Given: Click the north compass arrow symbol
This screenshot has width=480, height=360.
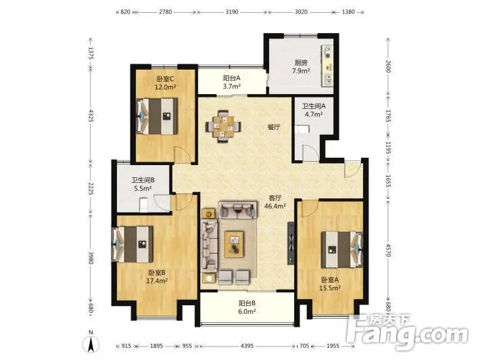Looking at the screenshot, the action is pyautogui.click(x=91, y=344).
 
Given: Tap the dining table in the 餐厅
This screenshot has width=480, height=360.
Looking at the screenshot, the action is pyautogui.click(x=224, y=126).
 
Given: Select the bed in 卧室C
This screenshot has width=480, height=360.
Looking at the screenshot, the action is pyautogui.click(x=157, y=116).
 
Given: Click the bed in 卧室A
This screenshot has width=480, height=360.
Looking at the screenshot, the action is pyautogui.click(x=342, y=250).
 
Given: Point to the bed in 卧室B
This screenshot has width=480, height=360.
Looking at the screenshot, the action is pyautogui.click(x=133, y=244).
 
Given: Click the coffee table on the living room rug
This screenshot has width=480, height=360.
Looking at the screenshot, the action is pyautogui.click(x=234, y=244).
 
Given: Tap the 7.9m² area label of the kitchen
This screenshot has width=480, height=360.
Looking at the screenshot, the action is pyautogui.click(x=301, y=71).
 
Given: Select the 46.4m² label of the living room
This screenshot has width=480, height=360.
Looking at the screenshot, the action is pyautogui.click(x=275, y=206).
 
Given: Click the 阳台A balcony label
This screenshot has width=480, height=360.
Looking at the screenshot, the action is pyautogui.click(x=231, y=78).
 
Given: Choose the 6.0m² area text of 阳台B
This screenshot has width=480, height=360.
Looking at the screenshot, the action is pyautogui.click(x=247, y=311).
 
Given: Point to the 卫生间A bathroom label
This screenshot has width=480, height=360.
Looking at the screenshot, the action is pyautogui.click(x=314, y=106).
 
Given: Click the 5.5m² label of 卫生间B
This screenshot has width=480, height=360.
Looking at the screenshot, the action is pyautogui.click(x=143, y=188).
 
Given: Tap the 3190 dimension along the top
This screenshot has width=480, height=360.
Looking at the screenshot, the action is pyautogui.click(x=232, y=12).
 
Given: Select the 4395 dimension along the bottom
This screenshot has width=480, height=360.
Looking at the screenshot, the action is pyautogui.click(x=247, y=346).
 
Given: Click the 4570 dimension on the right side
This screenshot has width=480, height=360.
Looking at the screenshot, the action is pyautogui.click(x=388, y=250).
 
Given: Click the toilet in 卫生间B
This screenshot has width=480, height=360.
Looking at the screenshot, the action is pyautogui.click(x=143, y=204).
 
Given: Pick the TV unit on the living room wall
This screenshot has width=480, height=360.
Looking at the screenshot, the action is pyautogui.click(x=290, y=243).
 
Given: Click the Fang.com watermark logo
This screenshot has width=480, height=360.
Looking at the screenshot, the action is pyautogui.click(x=408, y=332).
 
